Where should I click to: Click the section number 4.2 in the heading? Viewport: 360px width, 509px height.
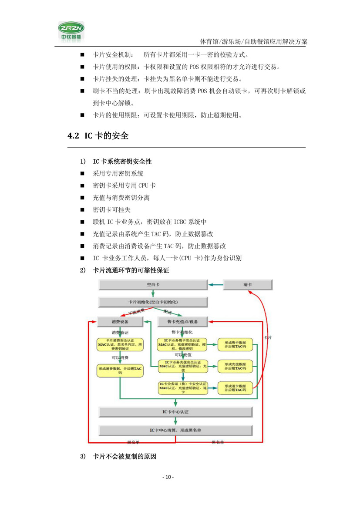(73, 136)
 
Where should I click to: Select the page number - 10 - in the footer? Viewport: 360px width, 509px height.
(168, 477)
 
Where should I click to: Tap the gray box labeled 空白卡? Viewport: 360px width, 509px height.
(153, 284)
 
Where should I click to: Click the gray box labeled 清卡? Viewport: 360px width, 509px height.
(248, 284)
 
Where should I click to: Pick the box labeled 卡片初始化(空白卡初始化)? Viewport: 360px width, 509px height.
(153, 302)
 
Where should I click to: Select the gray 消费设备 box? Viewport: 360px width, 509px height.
(120, 322)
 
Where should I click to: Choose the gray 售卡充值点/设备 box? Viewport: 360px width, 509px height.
(182, 322)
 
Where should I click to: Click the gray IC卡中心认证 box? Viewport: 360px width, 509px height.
(175, 411)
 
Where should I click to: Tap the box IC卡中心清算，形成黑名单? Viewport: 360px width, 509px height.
(175, 430)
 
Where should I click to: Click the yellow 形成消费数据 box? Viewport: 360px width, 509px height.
(120, 370)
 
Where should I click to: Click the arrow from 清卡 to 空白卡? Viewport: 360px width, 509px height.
(215, 284)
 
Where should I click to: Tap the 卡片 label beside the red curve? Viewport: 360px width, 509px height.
(269, 337)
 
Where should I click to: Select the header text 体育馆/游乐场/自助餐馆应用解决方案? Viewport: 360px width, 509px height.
(253, 42)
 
